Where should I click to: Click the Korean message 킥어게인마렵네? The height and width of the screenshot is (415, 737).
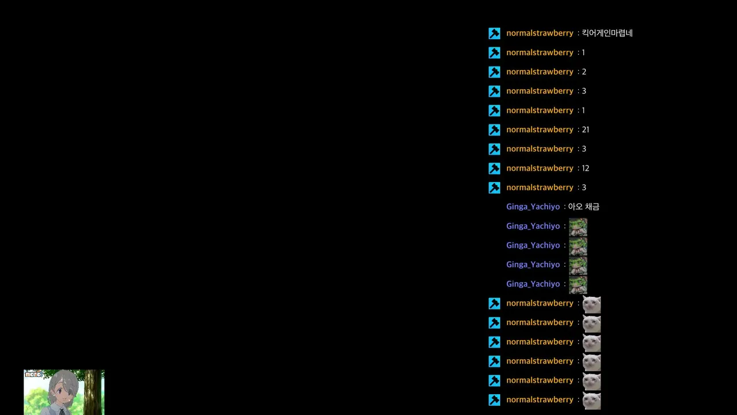607,33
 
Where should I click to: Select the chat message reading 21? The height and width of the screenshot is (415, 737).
586,130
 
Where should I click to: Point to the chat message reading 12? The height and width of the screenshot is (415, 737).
586,168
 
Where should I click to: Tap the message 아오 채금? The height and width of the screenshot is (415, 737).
584,207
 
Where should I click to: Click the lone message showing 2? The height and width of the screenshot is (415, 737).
584,72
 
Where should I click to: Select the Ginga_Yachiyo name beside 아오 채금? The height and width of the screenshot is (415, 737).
533,207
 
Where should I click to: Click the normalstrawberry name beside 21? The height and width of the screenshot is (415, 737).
540,130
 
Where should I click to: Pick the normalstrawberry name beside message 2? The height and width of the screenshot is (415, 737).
540,72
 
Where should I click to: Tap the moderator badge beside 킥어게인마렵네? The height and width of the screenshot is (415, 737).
494,33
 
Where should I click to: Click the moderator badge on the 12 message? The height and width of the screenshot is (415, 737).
494,168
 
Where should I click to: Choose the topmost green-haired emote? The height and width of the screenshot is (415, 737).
578,227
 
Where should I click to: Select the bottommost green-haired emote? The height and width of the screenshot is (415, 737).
578,285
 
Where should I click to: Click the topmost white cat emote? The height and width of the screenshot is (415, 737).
591,304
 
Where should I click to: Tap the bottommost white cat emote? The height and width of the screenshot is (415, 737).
591,401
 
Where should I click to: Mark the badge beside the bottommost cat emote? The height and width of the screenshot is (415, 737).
494,400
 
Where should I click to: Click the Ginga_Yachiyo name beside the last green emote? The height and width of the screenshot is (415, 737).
533,284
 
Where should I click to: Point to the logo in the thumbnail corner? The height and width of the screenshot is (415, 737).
33,373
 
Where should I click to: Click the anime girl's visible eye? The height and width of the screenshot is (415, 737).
60,391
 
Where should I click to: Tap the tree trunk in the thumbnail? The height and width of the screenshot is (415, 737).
93,392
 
